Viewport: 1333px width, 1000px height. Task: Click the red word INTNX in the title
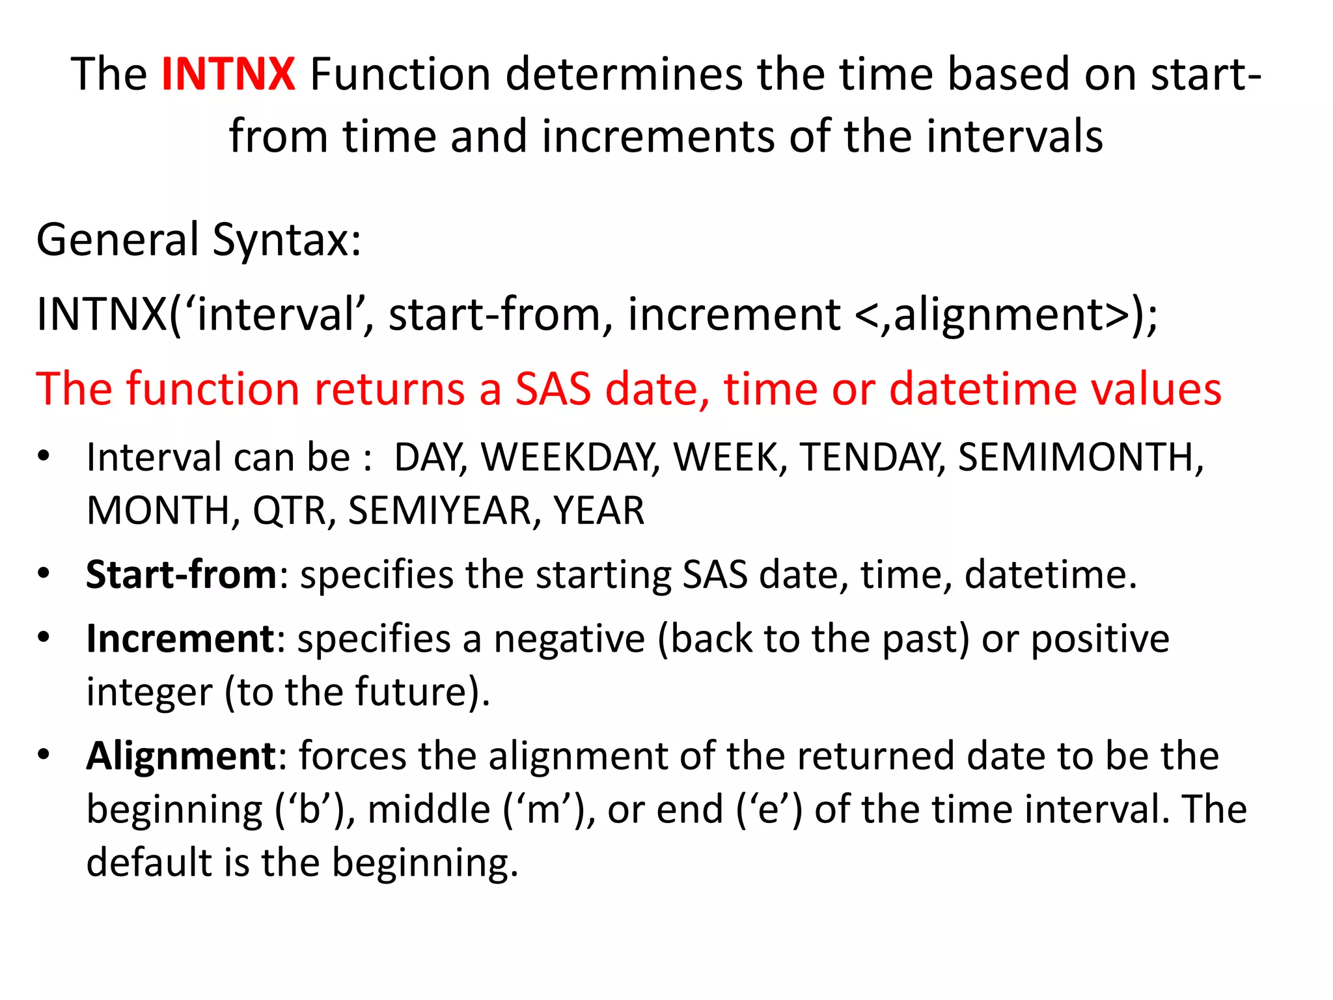point(228,74)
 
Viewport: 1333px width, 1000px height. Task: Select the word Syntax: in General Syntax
point(286,240)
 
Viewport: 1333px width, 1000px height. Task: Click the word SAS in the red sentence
point(553,389)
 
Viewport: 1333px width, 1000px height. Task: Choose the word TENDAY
point(872,457)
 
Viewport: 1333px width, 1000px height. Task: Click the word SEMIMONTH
point(1080,457)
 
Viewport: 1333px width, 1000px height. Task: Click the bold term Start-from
point(182,575)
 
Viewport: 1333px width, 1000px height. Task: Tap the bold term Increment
point(180,639)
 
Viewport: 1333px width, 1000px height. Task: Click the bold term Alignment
point(182,756)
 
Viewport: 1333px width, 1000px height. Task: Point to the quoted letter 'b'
point(305,809)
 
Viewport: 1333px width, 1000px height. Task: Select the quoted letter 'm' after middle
point(545,809)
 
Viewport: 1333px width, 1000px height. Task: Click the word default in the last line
point(149,863)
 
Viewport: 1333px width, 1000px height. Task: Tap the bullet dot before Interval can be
point(44,457)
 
